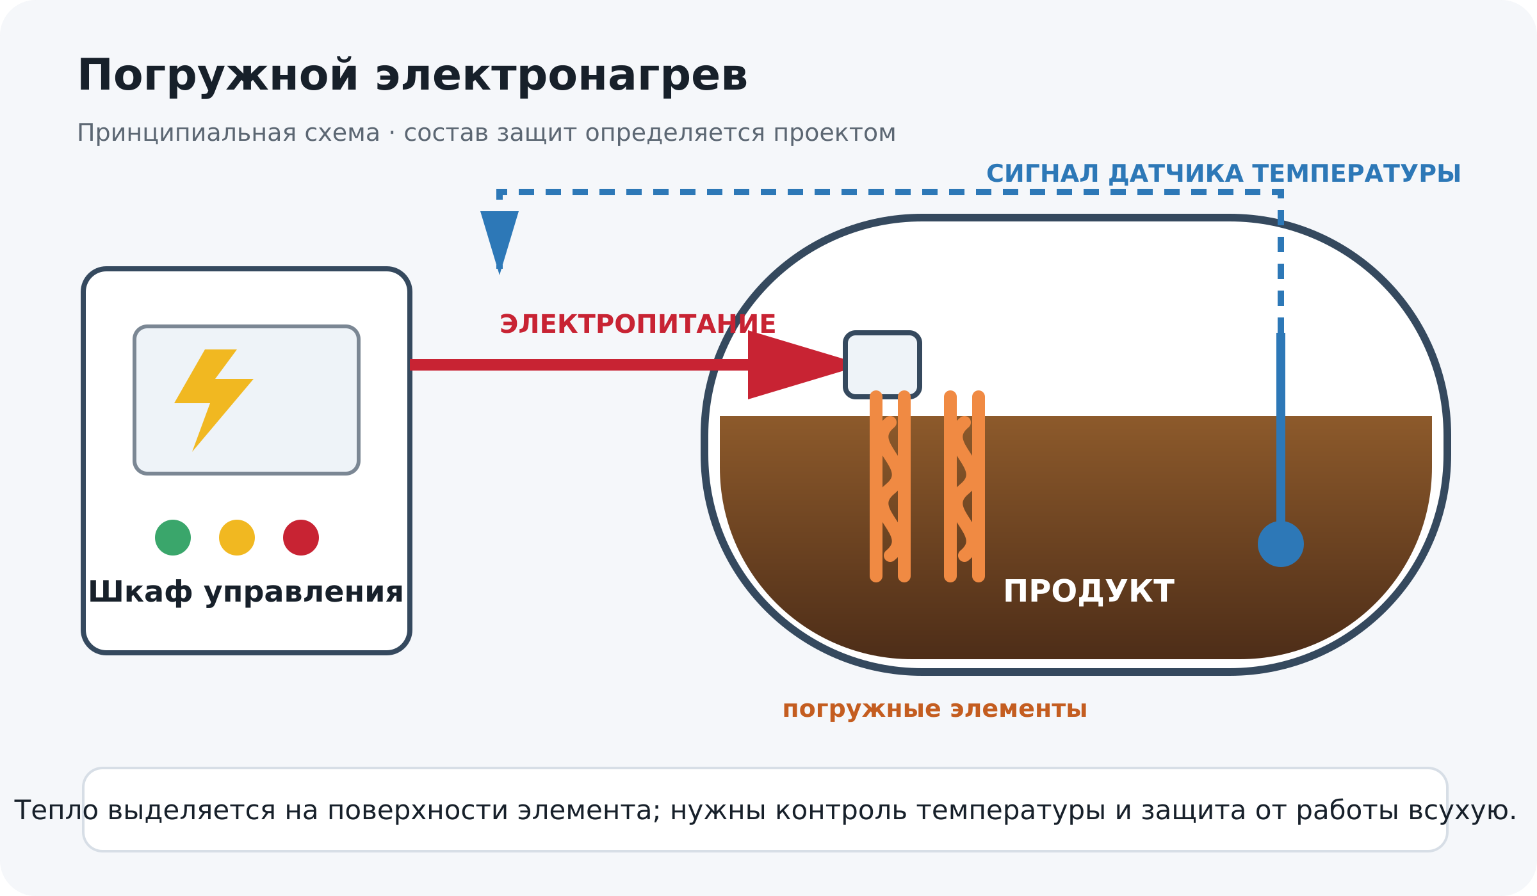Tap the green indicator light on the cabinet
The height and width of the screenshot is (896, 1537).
[x=173, y=538]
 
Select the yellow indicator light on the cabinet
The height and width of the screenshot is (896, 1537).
[x=237, y=538]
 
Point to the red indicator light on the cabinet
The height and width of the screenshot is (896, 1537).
[x=301, y=538]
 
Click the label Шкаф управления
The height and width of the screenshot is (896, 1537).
[x=246, y=592]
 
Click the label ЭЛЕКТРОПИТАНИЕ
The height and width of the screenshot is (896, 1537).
[x=638, y=324]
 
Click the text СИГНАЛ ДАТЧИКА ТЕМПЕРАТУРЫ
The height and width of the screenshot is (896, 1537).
[x=1223, y=174]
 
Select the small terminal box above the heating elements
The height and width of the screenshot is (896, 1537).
[x=882, y=365]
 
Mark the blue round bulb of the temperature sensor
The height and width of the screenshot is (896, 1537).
[x=1281, y=544]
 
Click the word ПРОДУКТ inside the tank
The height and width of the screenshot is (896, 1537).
[x=1089, y=591]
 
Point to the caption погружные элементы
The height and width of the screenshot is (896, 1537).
[x=935, y=709]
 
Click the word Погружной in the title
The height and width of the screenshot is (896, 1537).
[x=217, y=77]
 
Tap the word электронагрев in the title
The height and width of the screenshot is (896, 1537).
[x=562, y=77]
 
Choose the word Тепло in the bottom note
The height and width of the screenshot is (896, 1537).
[x=56, y=810]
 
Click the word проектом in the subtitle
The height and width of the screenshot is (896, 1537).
[x=834, y=133]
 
